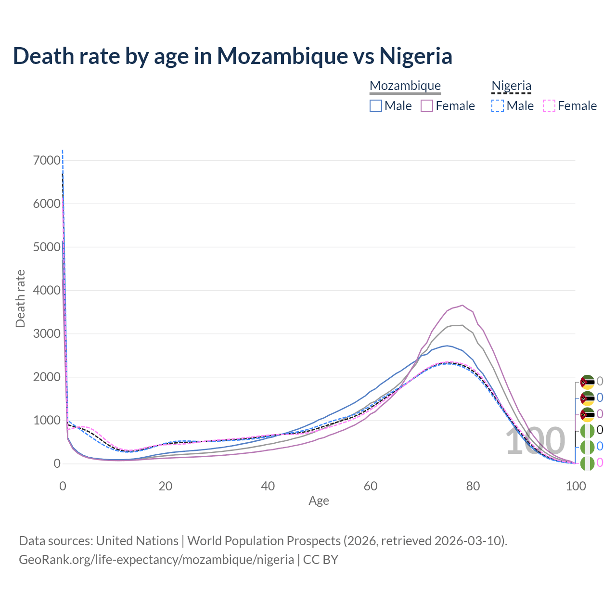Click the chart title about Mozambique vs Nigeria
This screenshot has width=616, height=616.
232,56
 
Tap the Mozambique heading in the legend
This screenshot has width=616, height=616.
405,86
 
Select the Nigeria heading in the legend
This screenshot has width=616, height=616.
511,86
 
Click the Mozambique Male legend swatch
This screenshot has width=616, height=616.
376,106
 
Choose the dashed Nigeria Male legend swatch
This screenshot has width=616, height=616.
498,106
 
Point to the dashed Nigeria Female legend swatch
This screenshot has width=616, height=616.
549,106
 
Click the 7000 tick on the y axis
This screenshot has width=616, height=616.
47,160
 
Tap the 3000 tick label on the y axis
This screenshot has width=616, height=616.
47,334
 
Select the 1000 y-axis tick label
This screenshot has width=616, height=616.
47,420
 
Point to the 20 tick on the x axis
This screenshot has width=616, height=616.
166,486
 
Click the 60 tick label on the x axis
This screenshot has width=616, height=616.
371,486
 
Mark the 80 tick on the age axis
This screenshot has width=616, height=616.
473,486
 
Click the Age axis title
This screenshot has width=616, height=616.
319,500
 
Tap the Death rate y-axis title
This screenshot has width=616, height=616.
20,298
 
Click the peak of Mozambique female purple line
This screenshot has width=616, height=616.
462,305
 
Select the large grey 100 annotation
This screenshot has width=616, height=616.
535,441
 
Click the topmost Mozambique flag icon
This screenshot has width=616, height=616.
587,382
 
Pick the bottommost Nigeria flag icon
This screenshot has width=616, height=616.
587,463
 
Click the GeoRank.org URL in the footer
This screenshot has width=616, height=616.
156,560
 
